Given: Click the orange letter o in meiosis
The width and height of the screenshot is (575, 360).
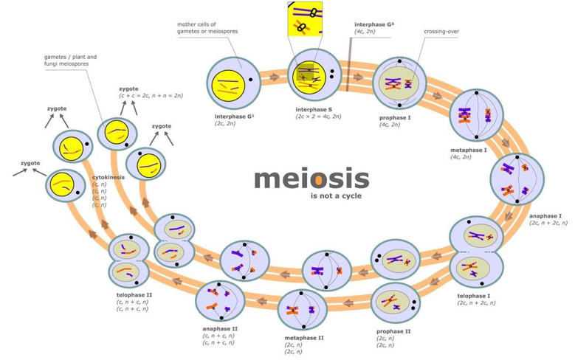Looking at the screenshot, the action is click(x=319, y=181).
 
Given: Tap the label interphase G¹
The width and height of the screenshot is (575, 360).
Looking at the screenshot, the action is click(x=234, y=117).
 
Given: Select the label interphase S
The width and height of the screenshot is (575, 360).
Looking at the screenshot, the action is click(x=314, y=110).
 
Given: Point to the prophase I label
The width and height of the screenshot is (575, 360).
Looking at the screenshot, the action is click(x=395, y=118).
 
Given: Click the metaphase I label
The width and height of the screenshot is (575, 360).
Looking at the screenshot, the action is click(x=469, y=150).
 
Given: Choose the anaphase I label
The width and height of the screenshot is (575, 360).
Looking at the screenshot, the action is click(x=545, y=216).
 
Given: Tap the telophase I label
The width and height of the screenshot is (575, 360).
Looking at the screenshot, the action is click(x=473, y=296).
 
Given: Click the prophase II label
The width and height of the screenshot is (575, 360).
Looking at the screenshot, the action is click(x=393, y=331).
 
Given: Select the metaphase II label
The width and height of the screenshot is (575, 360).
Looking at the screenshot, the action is click(x=304, y=338).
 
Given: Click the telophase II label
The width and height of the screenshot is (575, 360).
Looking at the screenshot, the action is click(x=134, y=295).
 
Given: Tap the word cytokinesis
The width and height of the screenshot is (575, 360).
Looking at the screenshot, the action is click(x=109, y=177).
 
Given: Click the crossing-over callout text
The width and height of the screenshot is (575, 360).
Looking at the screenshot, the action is click(x=441, y=32).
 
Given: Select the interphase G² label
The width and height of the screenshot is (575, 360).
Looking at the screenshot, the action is click(x=374, y=24).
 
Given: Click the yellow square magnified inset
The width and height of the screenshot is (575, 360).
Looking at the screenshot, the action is click(x=305, y=19).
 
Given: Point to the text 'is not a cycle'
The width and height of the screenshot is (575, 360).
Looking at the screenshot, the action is click(x=336, y=195).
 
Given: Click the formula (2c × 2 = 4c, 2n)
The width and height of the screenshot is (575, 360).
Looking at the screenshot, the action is click(x=318, y=117).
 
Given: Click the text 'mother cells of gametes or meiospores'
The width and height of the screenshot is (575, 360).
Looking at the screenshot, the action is click(x=207, y=28).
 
